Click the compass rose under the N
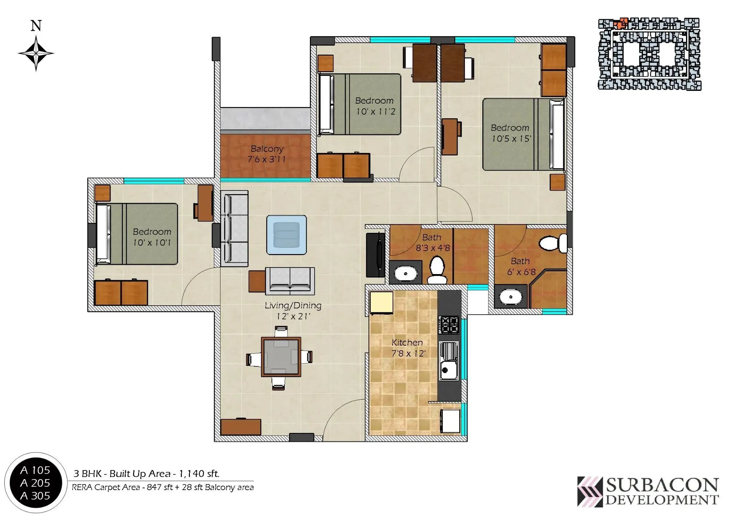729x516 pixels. pos(36,53)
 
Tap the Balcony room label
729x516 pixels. pos(267,149)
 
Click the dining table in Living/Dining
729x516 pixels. pos(281,357)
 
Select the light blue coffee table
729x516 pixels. pos(286,235)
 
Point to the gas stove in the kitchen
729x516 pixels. pos(449,325)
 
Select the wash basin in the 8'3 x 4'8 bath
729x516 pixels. pos(405,273)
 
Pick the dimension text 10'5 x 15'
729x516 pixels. pos(511,139)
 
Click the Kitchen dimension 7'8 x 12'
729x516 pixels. pos(408,353)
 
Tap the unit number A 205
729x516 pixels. pos(35,483)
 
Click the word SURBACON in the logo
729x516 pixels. pos(662,485)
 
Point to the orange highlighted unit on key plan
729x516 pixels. pos(620,23)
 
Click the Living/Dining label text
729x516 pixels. pos(293,305)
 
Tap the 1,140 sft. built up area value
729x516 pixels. pos(199,474)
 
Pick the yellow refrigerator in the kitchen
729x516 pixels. pos(381,302)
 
